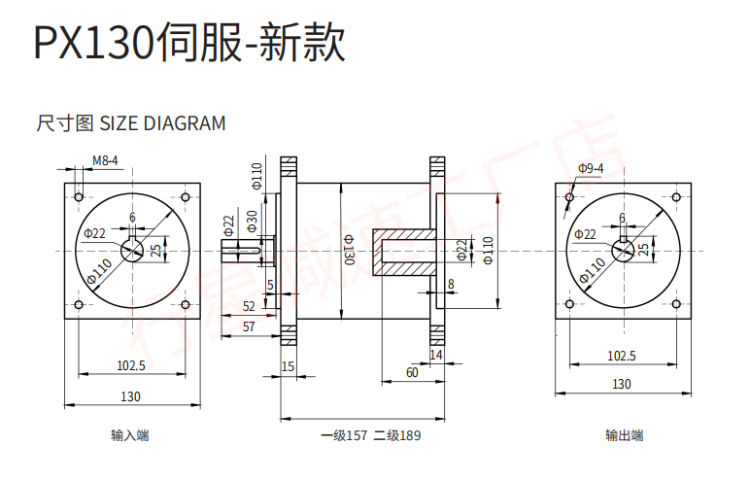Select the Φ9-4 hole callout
pos(591,168)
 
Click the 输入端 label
pos(130,435)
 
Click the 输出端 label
pos(624,435)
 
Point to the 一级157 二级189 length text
pos(370,435)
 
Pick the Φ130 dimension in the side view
pos(349,251)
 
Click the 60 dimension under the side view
pos(411,372)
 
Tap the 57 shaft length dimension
pos(248,327)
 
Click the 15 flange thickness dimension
pos(287,366)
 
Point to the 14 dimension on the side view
pos(435,356)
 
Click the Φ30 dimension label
pos(252,221)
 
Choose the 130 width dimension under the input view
pos(130,396)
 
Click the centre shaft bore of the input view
pos(132,252)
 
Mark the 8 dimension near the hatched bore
pos(451,284)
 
